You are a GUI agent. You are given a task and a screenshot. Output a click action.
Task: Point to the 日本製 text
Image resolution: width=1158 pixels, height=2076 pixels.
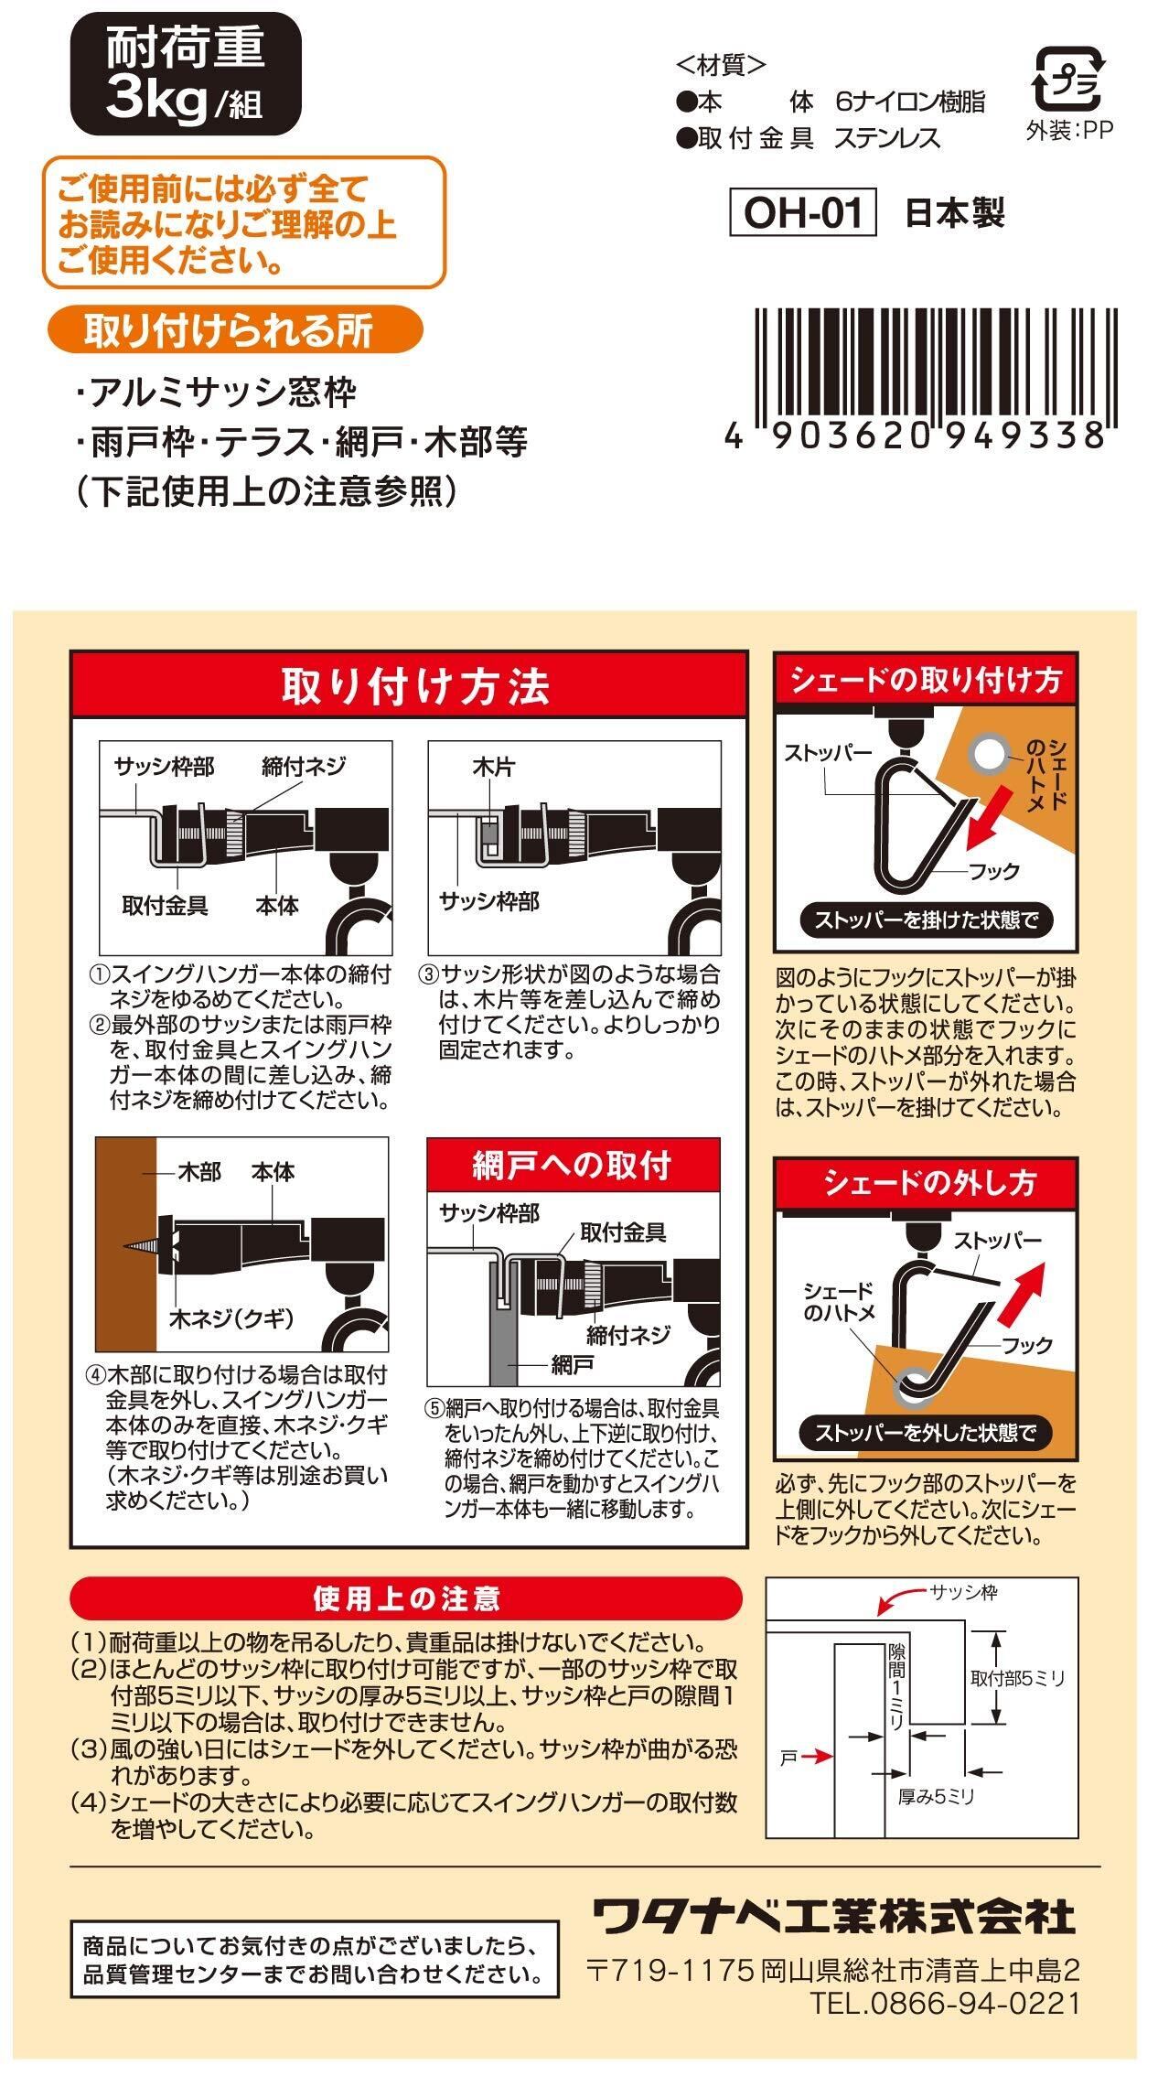point(955,212)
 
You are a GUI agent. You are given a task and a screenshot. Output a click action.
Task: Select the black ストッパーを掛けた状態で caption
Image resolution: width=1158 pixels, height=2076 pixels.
point(927,920)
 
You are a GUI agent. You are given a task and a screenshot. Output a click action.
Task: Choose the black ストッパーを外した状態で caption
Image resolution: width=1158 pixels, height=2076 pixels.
point(926,1432)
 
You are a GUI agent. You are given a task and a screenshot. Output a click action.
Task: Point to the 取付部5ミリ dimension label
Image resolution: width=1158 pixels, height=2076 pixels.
point(1017,1678)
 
